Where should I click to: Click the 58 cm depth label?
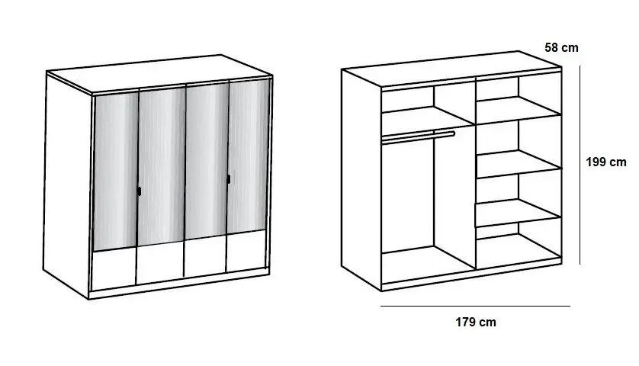[x=561, y=48]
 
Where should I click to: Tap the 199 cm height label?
[x=606, y=162]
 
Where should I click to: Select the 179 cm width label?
[x=476, y=322]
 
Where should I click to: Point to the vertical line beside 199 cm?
[x=580, y=165]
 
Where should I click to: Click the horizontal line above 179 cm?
[x=475, y=306]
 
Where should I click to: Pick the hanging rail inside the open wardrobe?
[x=418, y=137]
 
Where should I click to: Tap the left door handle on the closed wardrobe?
[x=139, y=191]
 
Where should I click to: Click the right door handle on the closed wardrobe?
[x=229, y=179]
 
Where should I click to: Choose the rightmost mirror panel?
[x=248, y=156]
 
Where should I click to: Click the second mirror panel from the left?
[x=162, y=167]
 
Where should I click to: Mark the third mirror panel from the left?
[x=207, y=161]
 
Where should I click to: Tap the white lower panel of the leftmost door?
[x=114, y=268]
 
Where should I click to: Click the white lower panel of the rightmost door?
[x=246, y=251]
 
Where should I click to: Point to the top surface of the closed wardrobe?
[x=159, y=74]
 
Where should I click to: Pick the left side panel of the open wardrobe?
[x=361, y=179]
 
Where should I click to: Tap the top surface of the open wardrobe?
[x=451, y=69]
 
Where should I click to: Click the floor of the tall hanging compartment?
[x=428, y=264]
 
